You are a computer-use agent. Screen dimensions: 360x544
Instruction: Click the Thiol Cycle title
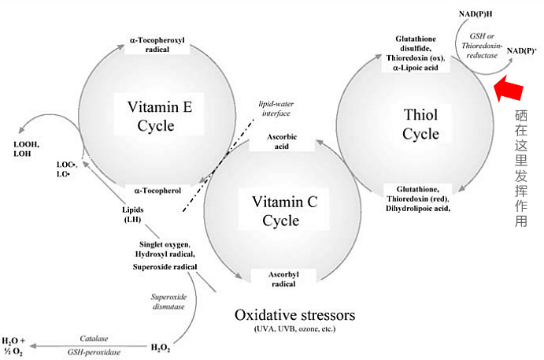pyautogui.click(x=420, y=125)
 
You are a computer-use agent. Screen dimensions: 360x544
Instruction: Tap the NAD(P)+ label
pyautogui.click(x=522, y=51)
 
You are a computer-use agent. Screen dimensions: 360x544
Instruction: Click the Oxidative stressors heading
pyautogui.click(x=294, y=316)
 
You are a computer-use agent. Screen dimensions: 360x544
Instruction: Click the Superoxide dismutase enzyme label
pyautogui.click(x=167, y=302)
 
